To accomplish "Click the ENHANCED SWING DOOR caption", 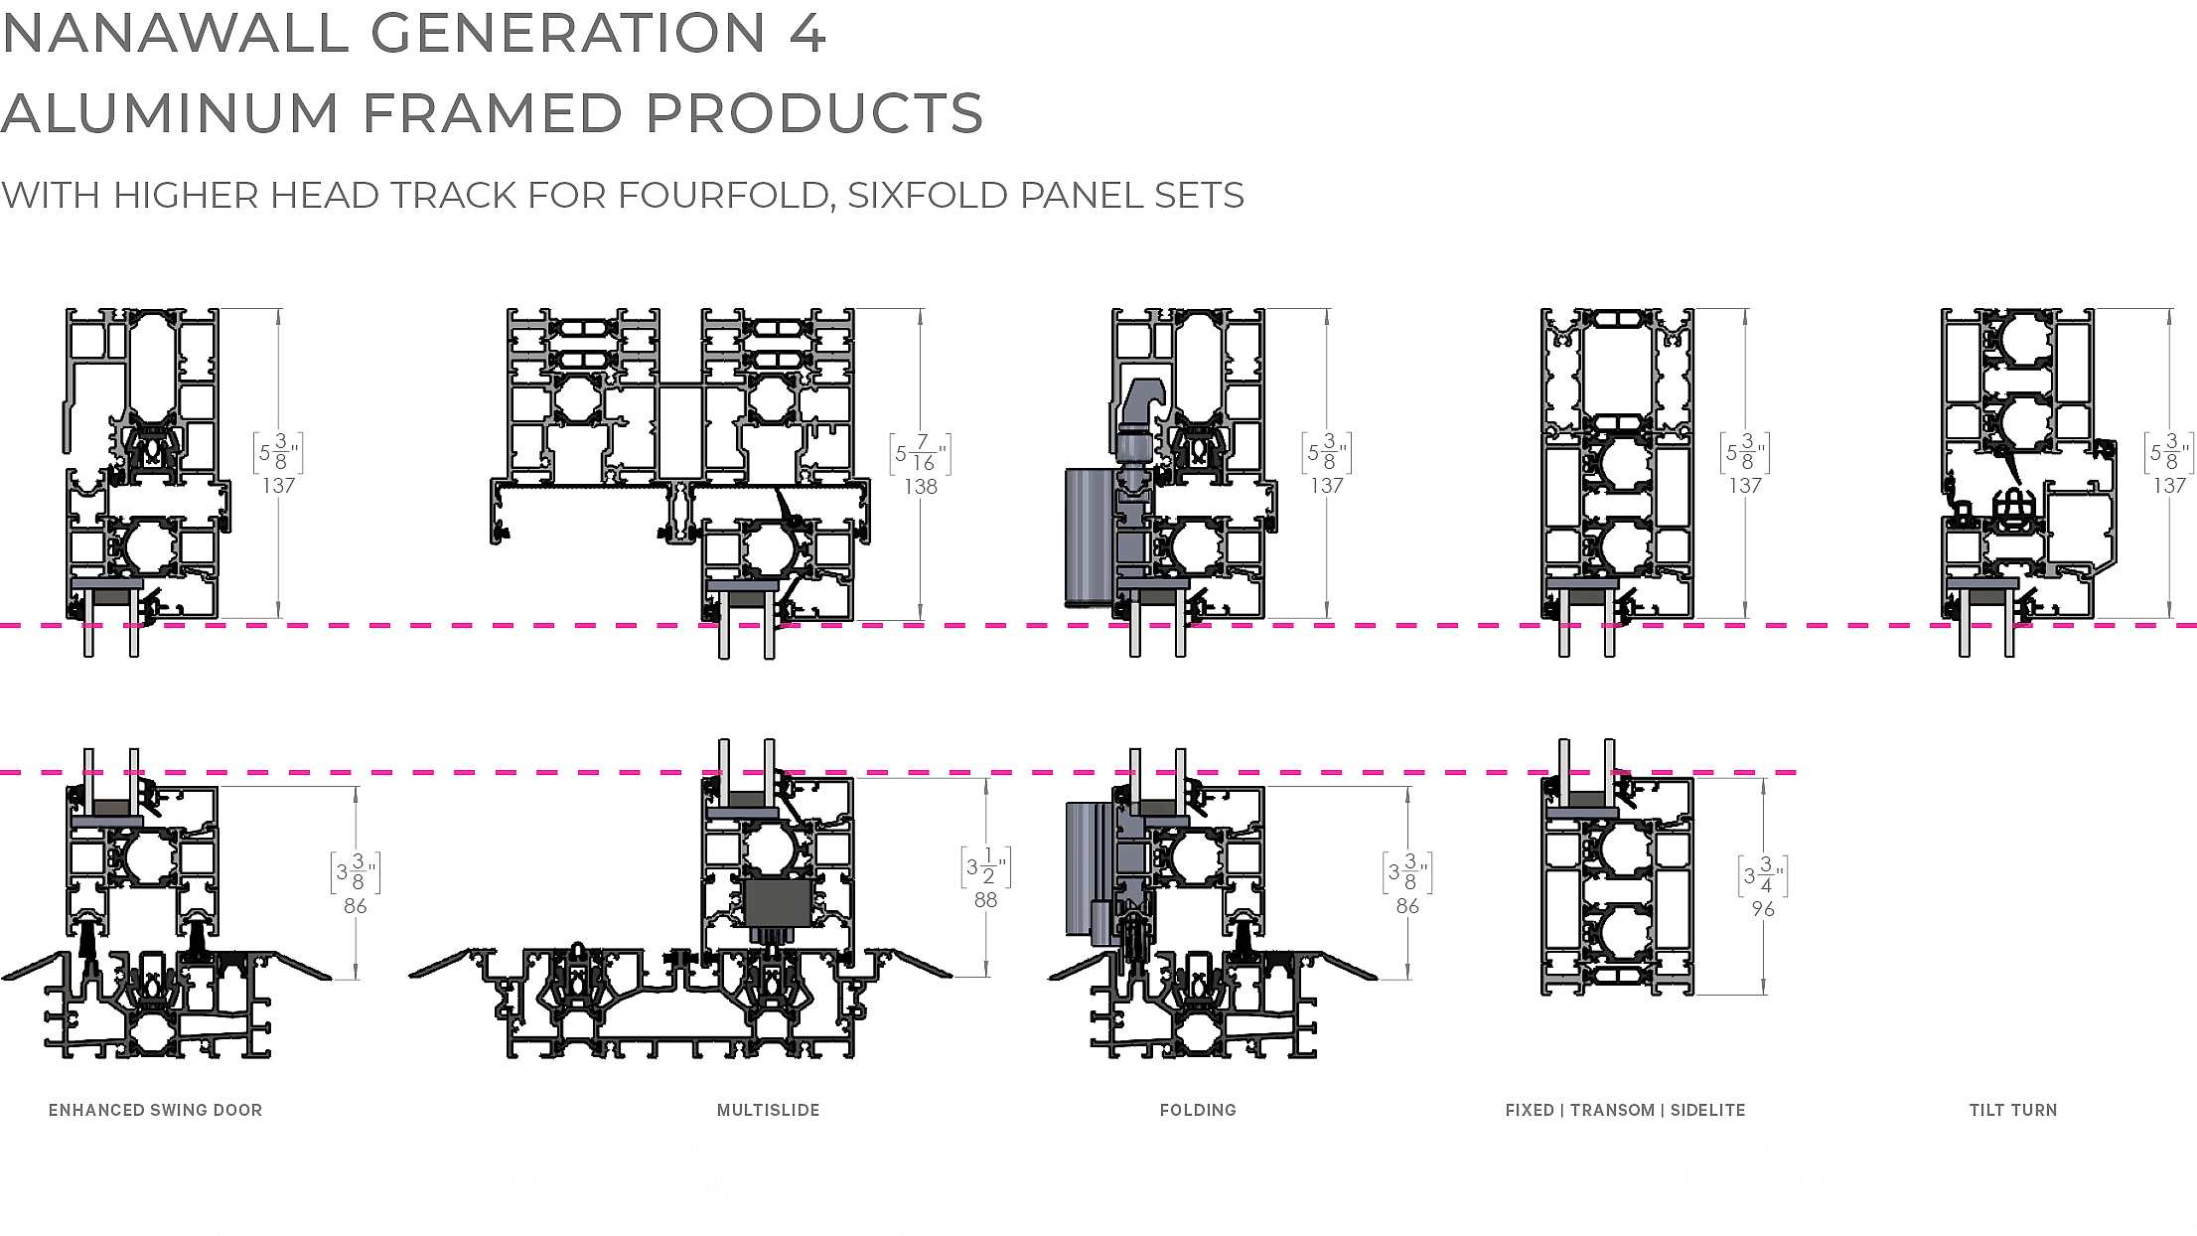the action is coord(155,1110).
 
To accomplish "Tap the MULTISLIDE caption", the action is coord(768,1110).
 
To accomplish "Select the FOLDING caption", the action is coord(1198,1110).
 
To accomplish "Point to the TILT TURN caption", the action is coord(2013,1110).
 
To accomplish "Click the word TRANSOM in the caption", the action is coord(1613,1110).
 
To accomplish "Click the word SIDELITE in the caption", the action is coord(1707,1110).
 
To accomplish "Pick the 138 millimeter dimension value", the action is coord(921,487).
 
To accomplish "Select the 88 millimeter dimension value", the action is coord(985,900).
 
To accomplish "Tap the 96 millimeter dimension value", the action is coord(1763,909).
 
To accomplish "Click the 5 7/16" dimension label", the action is coord(919,453).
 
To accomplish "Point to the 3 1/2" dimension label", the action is coord(985,867).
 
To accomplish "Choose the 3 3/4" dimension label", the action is coord(1763,876).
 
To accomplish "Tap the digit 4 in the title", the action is coord(807,33).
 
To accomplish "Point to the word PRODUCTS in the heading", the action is coord(814,113).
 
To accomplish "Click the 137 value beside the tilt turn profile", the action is coord(2169,486).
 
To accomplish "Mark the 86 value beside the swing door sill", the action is coord(356,906).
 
